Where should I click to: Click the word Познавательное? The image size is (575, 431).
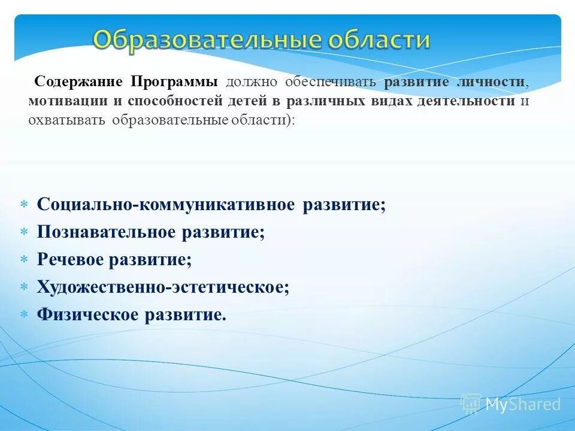click(106, 232)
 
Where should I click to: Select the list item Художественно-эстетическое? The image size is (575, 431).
click(163, 287)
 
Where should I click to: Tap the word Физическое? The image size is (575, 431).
click(88, 315)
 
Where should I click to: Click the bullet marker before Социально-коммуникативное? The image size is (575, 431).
click(25, 205)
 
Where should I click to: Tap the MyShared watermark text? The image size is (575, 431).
click(522, 404)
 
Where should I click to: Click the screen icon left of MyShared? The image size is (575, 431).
click(471, 403)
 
